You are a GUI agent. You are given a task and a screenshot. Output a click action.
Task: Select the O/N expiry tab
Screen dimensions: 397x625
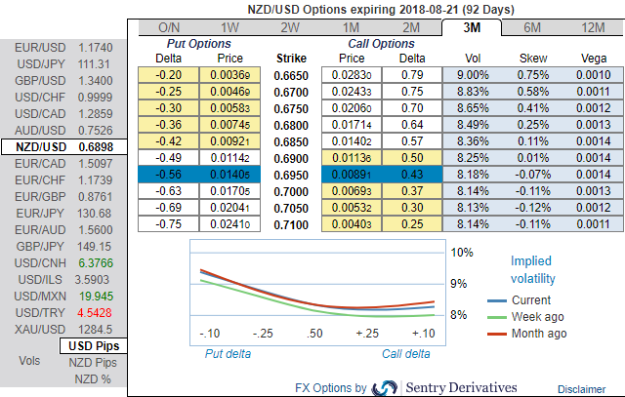(x=169, y=27)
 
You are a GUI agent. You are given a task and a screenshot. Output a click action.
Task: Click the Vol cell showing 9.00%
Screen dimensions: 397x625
(x=474, y=75)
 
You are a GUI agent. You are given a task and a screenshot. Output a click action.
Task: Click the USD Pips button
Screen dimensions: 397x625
(x=93, y=346)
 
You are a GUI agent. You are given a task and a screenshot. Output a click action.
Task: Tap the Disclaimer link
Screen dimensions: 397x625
(x=582, y=388)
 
